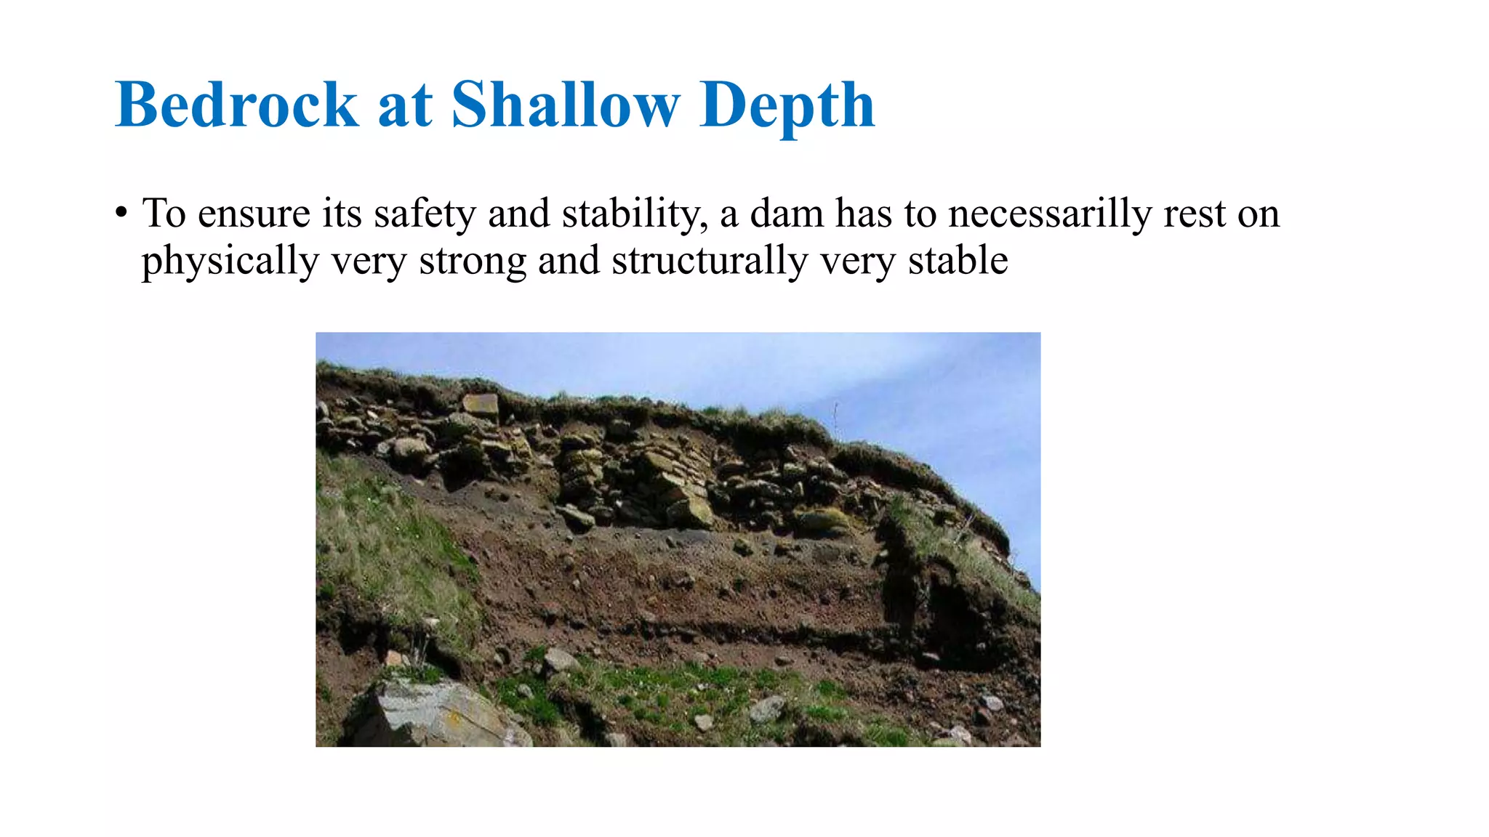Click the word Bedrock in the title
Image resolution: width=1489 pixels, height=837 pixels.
pyautogui.click(x=236, y=105)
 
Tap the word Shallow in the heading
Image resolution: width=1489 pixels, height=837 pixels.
pyautogui.click(x=565, y=105)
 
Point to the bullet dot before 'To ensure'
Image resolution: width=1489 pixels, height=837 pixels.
pyautogui.click(x=121, y=214)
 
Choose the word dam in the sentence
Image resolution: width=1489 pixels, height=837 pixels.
pyautogui.click(x=786, y=214)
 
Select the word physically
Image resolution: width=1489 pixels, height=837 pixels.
pyautogui.click(x=230, y=262)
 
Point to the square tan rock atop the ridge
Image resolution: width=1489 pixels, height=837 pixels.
pyautogui.click(x=481, y=406)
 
